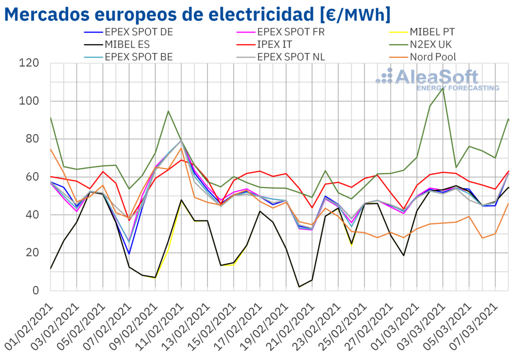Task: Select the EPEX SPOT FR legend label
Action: (x=291, y=33)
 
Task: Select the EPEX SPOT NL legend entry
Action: (x=291, y=56)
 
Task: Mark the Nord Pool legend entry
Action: (x=432, y=56)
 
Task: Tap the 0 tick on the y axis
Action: (x=36, y=290)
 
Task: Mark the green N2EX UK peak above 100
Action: (x=443, y=89)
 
